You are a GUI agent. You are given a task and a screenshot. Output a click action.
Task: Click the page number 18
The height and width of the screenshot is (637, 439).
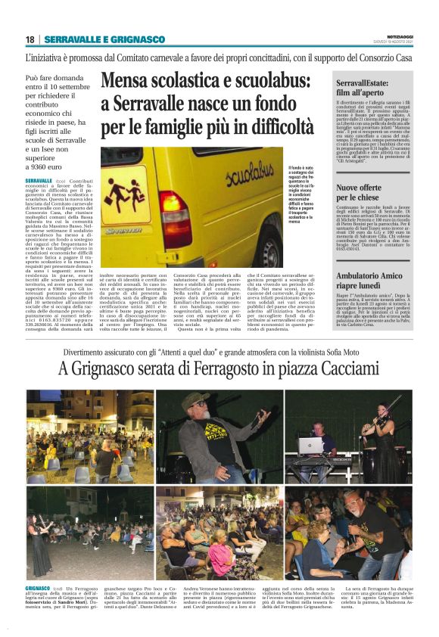click(30, 39)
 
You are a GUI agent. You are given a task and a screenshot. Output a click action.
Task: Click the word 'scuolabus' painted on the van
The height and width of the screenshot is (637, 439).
click(251, 179)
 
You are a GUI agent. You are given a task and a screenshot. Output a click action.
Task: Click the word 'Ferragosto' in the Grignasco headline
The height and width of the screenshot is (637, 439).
click(227, 371)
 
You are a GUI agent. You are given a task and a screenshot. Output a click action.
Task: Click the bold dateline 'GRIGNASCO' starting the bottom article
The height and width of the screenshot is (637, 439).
click(38, 588)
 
